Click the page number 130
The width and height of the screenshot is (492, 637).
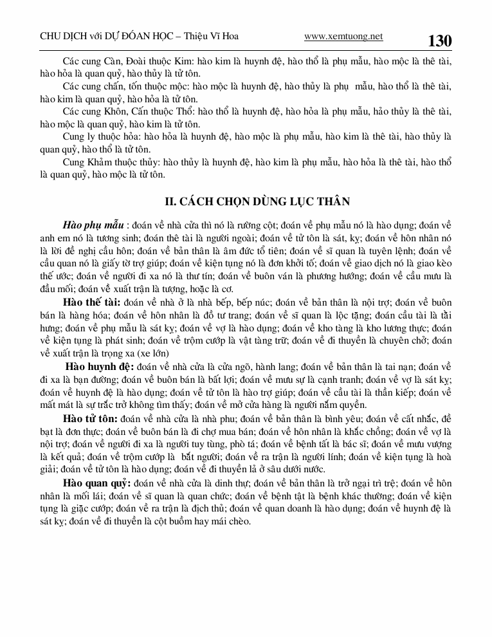440,41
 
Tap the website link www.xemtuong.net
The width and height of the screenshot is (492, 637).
343,37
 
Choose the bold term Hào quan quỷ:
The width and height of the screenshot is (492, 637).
97,483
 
